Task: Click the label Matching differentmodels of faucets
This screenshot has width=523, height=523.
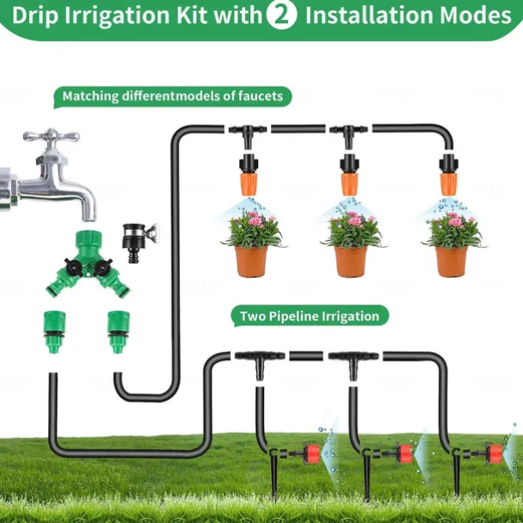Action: [x=171, y=96]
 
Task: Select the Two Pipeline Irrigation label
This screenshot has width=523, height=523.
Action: [x=309, y=316]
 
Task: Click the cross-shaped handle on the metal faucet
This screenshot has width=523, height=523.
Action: [x=51, y=137]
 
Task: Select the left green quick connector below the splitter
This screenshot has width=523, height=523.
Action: [x=51, y=331]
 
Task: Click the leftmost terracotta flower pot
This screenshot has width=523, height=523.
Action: [x=251, y=261]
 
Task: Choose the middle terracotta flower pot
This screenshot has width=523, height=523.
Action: [x=351, y=261]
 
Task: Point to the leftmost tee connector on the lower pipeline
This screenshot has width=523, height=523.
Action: [x=260, y=357]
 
